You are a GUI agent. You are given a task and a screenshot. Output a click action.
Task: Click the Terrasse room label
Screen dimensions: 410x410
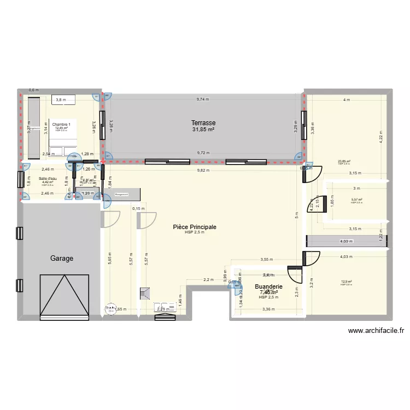click(x=203, y=123)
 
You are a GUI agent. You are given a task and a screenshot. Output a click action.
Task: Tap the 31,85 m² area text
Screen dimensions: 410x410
click(x=203, y=130)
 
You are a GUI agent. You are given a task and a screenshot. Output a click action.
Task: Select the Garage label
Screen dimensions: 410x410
click(x=62, y=258)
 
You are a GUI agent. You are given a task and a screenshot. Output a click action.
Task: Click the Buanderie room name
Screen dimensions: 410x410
click(x=268, y=286)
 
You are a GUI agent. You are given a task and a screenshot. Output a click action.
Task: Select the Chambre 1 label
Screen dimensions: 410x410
click(x=61, y=125)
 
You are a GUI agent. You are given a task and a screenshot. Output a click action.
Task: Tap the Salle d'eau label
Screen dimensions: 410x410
click(x=48, y=179)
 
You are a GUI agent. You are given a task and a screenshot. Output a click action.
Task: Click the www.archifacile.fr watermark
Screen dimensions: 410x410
click(x=376, y=330)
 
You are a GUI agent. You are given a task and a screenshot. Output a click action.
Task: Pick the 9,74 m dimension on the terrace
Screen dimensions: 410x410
click(x=203, y=99)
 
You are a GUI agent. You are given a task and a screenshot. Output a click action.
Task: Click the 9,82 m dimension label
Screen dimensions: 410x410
click(x=203, y=170)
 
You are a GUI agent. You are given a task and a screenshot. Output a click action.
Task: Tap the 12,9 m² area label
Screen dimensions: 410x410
click(x=344, y=282)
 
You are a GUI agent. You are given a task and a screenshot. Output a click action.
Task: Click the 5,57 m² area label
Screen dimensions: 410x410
click(x=356, y=200)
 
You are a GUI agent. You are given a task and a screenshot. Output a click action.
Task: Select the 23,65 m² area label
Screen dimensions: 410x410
click(x=344, y=161)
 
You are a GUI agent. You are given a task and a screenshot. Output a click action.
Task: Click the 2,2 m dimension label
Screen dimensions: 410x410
click(x=208, y=280)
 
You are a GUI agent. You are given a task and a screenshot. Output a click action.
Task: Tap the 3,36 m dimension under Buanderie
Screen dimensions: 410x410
click(x=268, y=309)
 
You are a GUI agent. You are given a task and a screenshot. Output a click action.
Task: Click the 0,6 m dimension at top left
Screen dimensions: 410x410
click(x=34, y=90)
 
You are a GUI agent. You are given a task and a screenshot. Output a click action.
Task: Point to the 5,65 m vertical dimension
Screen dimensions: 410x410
click(x=110, y=257)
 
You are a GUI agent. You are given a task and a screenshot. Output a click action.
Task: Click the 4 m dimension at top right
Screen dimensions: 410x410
click(x=345, y=99)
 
